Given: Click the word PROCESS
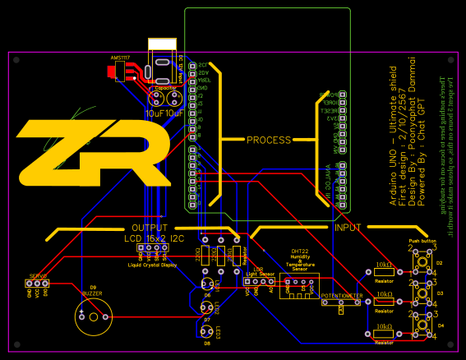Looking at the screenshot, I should pyautogui.click(x=269, y=140).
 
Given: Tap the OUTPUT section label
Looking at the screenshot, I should pyautogui.click(x=150, y=228).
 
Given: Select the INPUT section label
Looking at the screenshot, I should pyautogui.click(x=348, y=227).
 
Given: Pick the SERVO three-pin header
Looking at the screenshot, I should pyautogui.click(x=38, y=284).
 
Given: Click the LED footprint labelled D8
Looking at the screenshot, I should pyautogui.click(x=206, y=331).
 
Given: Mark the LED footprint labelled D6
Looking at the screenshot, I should pyautogui.click(x=207, y=284).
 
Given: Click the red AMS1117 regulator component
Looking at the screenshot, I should pyautogui.click(x=120, y=72).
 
